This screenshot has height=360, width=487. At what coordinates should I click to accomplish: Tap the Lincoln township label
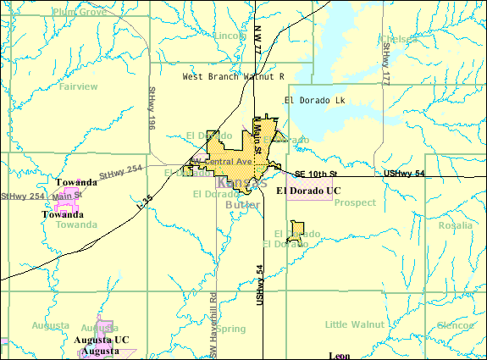[x=229, y=36]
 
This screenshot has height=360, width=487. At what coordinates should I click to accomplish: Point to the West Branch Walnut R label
[x=233, y=76]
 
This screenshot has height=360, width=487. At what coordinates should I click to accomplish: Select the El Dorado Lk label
[x=316, y=100]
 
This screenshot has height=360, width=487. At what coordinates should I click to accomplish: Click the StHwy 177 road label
[x=385, y=65]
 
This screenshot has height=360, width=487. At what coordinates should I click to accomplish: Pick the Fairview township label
[x=79, y=86]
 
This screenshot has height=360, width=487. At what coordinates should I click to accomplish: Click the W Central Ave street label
[x=221, y=161]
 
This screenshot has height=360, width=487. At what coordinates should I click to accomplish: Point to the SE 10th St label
[x=315, y=174]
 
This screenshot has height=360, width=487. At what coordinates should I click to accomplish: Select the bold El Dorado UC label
[x=308, y=191]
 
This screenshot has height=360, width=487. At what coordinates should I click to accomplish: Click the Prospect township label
[x=354, y=203]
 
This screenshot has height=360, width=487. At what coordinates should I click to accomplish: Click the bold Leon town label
[x=339, y=356]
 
